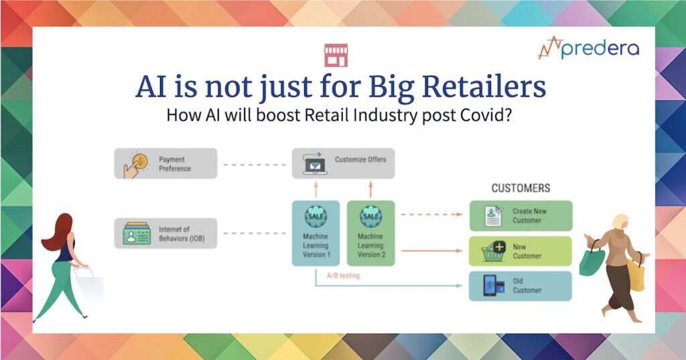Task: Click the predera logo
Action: [588, 48]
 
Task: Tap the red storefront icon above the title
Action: [336, 55]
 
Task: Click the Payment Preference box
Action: [166, 164]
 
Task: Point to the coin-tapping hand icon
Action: [135, 164]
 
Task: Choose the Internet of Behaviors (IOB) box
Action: [166, 233]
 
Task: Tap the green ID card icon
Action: [137, 233]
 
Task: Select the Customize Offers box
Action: [344, 164]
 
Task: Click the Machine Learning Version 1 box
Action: [316, 233]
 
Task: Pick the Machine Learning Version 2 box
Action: [371, 233]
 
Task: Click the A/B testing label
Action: [344, 276]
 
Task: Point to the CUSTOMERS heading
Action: [521, 188]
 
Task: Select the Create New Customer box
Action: [521, 215]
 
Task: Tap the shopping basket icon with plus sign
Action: [494, 251]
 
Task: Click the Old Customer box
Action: [521, 286]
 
